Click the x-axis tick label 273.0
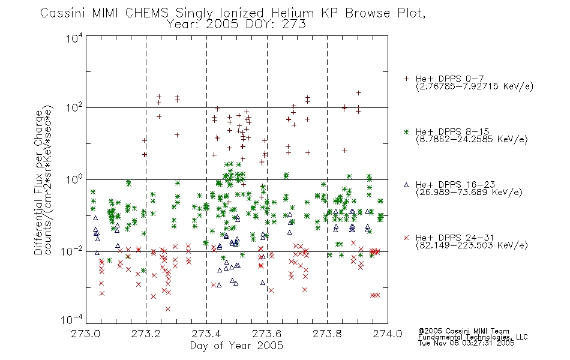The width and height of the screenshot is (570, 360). tap(86, 334)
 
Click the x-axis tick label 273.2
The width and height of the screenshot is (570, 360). tap(146, 334)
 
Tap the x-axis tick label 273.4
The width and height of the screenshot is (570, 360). tap(206, 334)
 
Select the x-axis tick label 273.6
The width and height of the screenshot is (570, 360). tap(267, 334)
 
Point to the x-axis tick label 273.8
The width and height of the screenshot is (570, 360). tap(327, 334)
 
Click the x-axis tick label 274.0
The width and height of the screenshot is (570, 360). tap(388, 334)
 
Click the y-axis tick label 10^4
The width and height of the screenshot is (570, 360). tap(74, 38)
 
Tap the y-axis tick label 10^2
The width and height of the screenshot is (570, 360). tap(74, 108)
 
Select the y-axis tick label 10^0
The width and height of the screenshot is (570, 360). tap(74, 180)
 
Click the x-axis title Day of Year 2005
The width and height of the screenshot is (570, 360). tap(236, 346)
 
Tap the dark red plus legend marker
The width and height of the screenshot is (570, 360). tap(406, 79)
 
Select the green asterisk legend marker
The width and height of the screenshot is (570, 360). tap(406, 131)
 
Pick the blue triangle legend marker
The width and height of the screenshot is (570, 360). tap(406, 185)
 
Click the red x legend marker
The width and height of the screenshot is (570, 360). tap(406, 238)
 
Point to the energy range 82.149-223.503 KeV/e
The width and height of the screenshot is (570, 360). tap(472, 245)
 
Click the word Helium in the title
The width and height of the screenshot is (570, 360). tap(293, 13)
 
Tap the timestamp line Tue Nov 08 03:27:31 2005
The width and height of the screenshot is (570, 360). tap(466, 343)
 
